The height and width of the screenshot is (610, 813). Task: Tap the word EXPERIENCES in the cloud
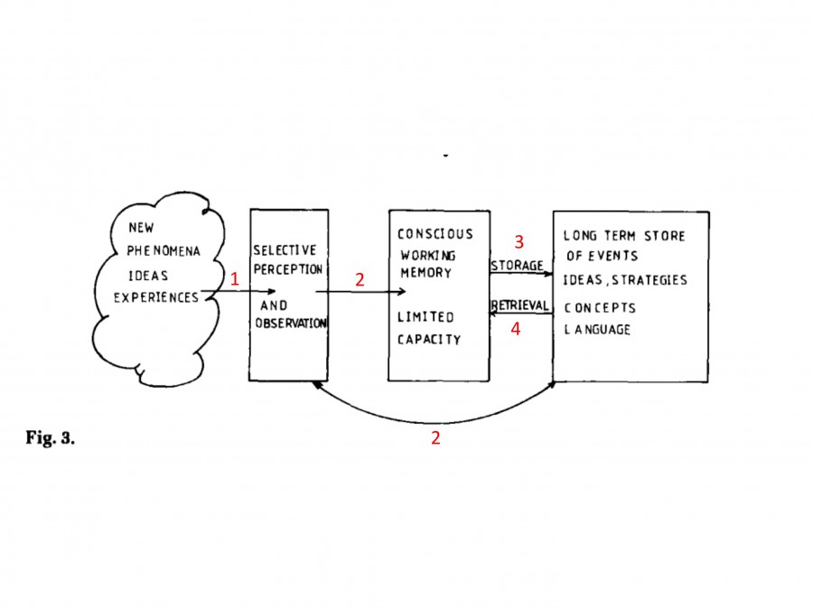coord(155,297)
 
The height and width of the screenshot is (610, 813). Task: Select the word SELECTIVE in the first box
coord(285,250)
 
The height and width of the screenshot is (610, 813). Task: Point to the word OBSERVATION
coord(290,324)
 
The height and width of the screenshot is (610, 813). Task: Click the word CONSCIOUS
coord(435,235)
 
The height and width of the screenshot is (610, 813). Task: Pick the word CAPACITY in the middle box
coord(429,340)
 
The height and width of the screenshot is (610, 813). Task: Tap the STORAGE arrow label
coord(517,266)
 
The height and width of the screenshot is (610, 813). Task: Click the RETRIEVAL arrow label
coord(519,306)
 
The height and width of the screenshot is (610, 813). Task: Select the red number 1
coord(235,280)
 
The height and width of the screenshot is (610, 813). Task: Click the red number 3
coord(519,242)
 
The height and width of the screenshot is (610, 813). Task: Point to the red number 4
coord(516,330)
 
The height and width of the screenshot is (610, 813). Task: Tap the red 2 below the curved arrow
coord(435,438)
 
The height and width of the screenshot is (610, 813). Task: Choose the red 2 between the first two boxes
coord(360,280)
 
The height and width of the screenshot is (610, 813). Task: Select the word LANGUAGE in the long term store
coord(597,330)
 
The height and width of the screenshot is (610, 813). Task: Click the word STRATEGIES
coord(650,280)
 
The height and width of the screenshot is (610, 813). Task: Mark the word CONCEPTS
coord(601,308)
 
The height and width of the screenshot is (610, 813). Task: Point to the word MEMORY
coord(425,273)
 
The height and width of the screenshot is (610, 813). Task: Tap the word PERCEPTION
coord(287,269)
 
